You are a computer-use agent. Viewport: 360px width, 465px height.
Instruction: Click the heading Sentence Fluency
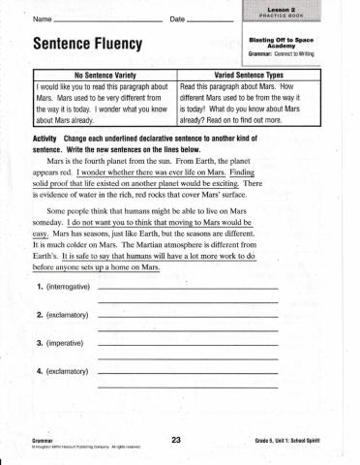tap(87, 46)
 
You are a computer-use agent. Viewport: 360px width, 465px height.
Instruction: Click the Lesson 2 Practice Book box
tap(293, 12)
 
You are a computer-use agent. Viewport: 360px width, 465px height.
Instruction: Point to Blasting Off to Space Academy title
tap(293, 42)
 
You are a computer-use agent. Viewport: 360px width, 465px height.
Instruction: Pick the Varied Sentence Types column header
tap(255, 75)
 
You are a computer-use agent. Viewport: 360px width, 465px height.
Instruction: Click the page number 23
tap(176, 441)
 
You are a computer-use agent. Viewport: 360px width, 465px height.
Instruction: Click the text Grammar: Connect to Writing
tap(293, 54)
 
